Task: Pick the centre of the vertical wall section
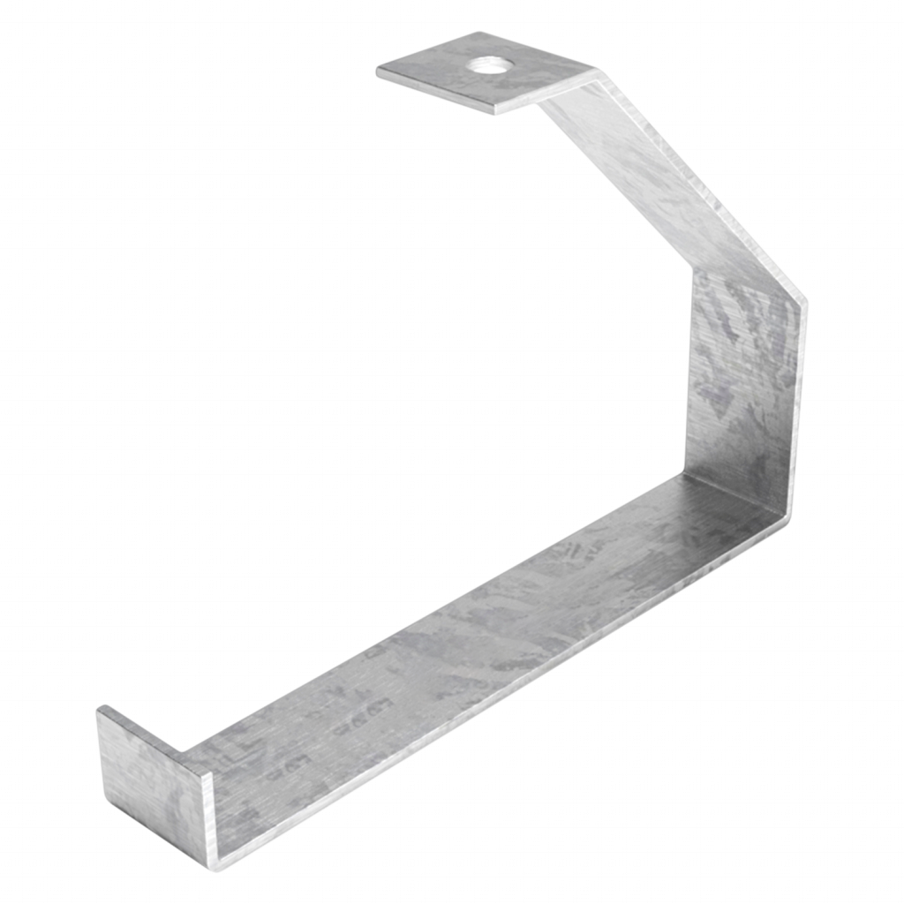pos(746,388)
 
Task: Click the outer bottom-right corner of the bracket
pos(790,530)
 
